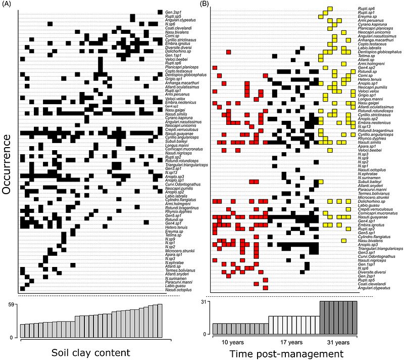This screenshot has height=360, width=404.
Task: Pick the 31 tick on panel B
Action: click(207, 302)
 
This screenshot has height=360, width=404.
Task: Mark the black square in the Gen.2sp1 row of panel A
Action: click(160, 12)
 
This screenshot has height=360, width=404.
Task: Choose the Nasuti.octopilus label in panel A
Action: click(178, 290)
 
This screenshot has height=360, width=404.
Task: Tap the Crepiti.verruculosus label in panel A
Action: click(182, 130)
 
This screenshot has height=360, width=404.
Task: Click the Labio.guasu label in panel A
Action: click(174, 285)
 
